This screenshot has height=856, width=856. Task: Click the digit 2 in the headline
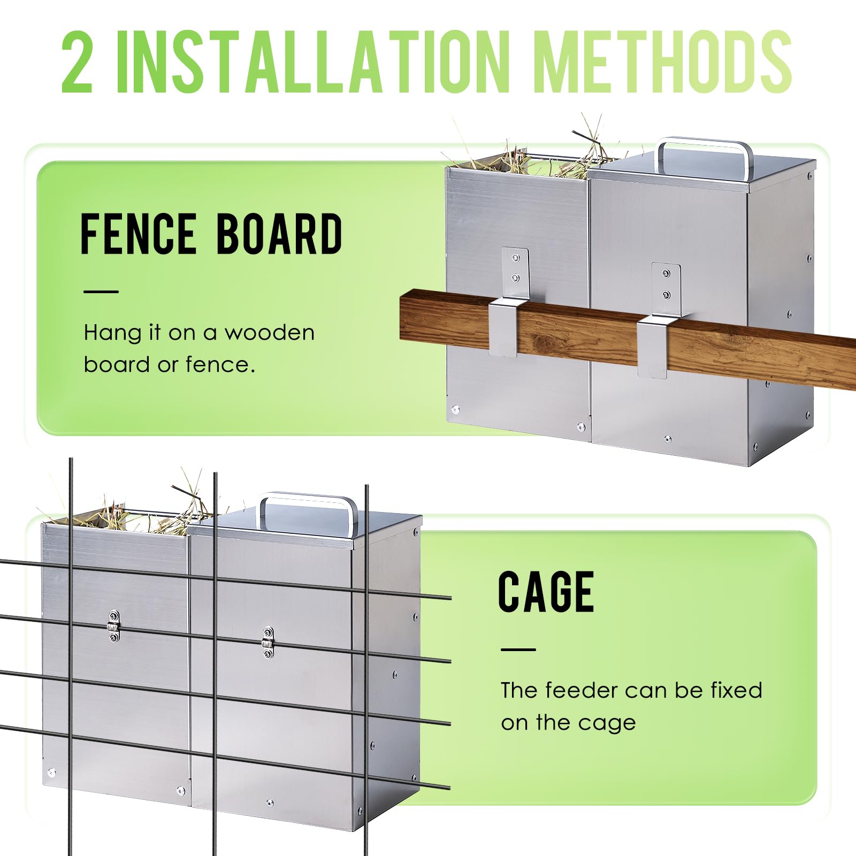78,61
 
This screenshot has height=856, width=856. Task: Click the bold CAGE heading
546,591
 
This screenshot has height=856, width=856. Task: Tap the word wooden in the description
269,333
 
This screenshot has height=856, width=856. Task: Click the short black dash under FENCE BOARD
101,292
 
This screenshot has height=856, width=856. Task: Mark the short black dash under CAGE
518,649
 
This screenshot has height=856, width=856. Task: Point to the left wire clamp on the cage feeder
113,625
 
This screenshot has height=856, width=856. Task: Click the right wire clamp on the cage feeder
267,642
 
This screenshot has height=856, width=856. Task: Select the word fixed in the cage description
736,690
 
